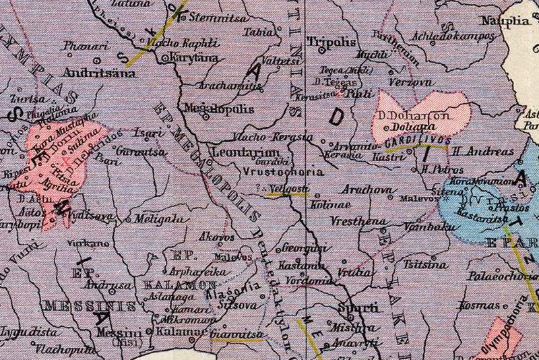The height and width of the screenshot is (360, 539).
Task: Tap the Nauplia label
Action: pyautogui.click(x=506, y=20)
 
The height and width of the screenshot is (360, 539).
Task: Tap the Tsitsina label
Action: pyautogui.click(x=424, y=265)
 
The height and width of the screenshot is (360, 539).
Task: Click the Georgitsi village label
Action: pyautogui.click(x=304, y=247)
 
